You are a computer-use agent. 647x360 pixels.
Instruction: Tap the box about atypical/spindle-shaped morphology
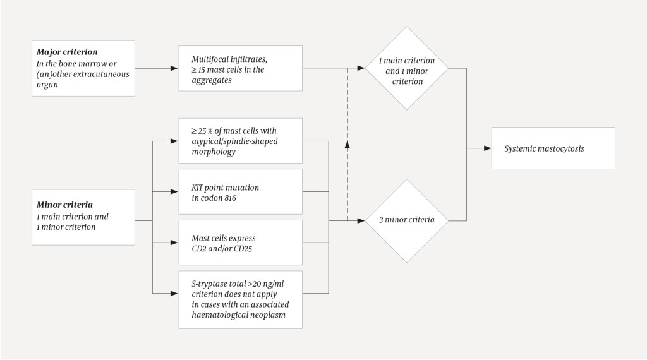pyautogui.click(x=240, y=140)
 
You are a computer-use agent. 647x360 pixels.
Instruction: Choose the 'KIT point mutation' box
pyautogui.click(x=240, y=192)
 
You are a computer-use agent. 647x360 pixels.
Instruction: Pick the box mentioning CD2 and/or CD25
pyautogui.click(x=240, y=243)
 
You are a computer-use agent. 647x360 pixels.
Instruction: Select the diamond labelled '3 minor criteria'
pyautogui.click(x=407, y=220)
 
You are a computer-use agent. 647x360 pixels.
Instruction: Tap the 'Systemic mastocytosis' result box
pyautogui.click(x=553, y=148)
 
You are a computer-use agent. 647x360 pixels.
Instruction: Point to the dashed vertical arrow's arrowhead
pyautogui.click(x=347, y=145)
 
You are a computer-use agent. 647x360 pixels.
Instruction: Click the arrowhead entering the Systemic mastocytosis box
pyautogui.click(x=488, y=148)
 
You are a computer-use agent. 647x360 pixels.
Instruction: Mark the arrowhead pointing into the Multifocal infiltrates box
pyautogui.click(x=174, y=68)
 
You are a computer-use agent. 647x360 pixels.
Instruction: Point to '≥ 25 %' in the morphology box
pyautogui.click(x=204, y=130)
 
